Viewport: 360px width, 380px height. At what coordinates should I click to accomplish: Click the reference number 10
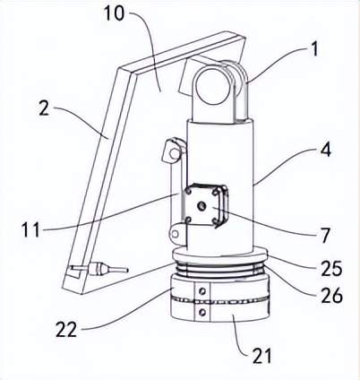(114, 13)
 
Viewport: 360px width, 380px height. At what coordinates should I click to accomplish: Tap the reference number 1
(313, 49)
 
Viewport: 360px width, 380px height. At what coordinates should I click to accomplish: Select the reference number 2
(44, 108)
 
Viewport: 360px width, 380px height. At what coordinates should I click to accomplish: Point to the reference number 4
(326, 150)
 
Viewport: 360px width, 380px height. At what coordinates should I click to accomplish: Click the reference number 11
(30, 230)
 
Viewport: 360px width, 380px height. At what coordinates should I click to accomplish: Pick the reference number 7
(325, 236)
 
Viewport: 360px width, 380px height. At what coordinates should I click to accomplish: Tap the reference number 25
(331, 268)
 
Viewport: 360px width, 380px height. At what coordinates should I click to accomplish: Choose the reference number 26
(332, 295)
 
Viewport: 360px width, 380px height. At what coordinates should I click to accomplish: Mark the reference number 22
(66, 330)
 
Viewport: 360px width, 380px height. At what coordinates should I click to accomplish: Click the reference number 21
(262, 356)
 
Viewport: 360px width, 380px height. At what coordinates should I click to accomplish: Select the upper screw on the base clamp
(203, 290)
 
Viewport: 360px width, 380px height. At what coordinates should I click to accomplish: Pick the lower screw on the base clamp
(202, 312)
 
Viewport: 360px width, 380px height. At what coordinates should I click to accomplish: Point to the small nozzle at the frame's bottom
(109, 268)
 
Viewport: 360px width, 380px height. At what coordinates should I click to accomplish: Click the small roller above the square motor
(174, 153)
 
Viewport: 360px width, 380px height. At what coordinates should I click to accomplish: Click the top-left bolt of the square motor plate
(189, 190)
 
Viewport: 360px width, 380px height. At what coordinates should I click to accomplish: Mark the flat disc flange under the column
(220, 255)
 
